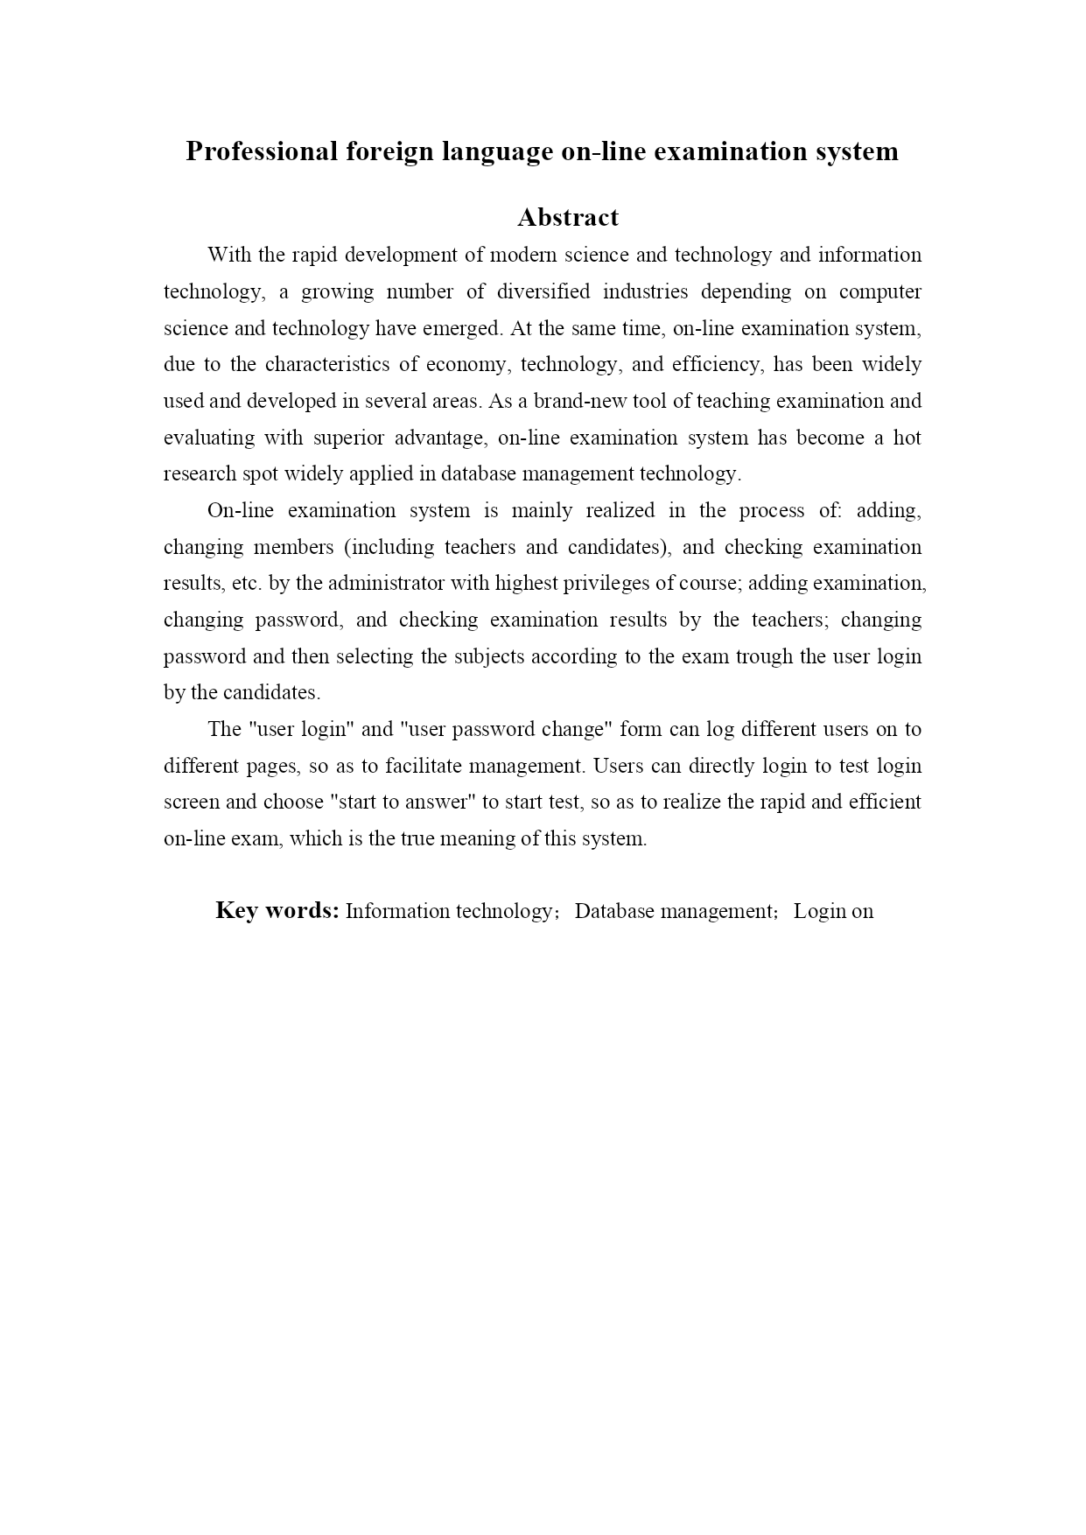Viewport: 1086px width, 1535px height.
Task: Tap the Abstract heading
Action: [568, 217]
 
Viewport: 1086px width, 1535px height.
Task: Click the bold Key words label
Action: [277, 910]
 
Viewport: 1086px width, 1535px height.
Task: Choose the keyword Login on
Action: [833, 911]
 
